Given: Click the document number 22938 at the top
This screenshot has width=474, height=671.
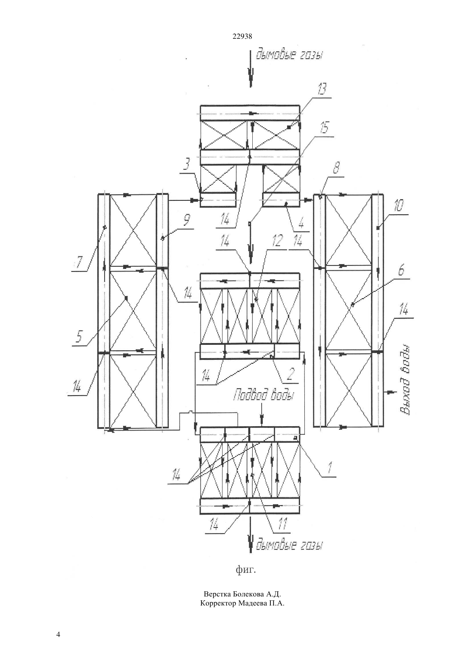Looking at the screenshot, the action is coord(242,37).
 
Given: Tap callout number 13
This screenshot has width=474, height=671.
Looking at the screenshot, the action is coord(321,89).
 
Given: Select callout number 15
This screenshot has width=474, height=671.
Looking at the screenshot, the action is coord(325,127).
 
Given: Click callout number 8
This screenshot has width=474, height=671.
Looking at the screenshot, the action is coord(336,168).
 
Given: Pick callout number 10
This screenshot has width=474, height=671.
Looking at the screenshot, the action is coord(398,206).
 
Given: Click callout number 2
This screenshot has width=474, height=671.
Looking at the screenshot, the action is coord(291,374).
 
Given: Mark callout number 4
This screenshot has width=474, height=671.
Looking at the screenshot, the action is coord(301,223).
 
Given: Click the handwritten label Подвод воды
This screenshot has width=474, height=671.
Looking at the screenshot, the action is coord(263,395).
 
